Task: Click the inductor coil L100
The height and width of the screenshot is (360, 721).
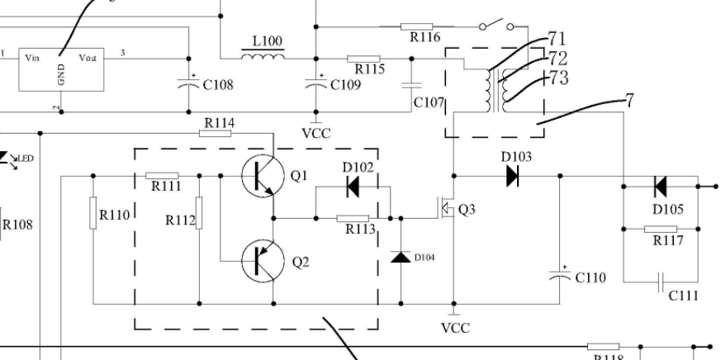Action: tap(263, 55)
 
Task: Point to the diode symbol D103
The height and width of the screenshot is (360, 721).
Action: tap(512, 175)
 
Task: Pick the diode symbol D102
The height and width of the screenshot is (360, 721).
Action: tap(353, 187)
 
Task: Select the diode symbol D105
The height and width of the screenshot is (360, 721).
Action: tap(660, 187)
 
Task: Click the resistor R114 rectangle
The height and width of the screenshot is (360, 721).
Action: tap(218, 133)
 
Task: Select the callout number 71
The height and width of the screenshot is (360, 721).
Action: tap(558, 40)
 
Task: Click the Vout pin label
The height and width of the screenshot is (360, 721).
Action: tap(88, 58)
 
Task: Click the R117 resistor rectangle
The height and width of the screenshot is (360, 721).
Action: tap(661, 229)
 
